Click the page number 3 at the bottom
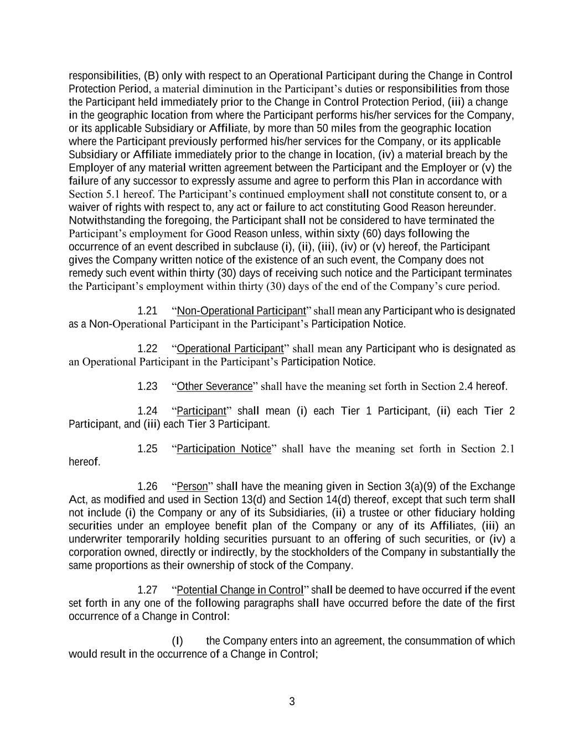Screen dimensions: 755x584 [x=292, y=702]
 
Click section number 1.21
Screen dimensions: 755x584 [x=147, y=311]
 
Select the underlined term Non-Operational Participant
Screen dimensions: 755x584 [x=241, y=311]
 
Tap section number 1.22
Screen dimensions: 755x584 [x=147, y=349]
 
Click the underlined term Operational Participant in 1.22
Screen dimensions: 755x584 [x=230, y=349]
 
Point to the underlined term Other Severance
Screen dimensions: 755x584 [x=214, y=387]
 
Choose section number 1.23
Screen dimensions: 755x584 [x=147, y=387]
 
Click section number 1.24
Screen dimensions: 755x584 [x=147, y=411]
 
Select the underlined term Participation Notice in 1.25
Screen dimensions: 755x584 [x=224, y=449]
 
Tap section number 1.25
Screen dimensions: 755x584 [x=147, y=449]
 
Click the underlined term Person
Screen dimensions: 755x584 [x=192, y=487]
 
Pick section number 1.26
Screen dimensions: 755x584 [x=147, y=487]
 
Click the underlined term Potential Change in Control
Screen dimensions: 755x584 [x=240, y=590]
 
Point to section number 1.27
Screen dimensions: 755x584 [x=147, y=590]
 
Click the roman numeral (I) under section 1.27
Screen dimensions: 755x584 [x=177, y=641]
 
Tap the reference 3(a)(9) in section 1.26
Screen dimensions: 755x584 [x=420, y=487]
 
